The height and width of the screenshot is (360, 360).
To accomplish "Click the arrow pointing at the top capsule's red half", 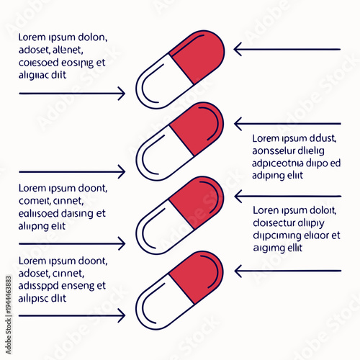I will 288,50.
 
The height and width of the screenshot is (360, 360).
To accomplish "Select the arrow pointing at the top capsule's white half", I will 72,94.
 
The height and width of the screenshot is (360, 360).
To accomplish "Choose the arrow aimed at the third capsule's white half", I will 72,245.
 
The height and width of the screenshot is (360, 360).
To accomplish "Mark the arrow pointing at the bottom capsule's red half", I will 288,271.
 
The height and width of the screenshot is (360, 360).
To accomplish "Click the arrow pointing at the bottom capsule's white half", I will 72,315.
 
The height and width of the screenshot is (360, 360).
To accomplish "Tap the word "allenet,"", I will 65,50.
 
